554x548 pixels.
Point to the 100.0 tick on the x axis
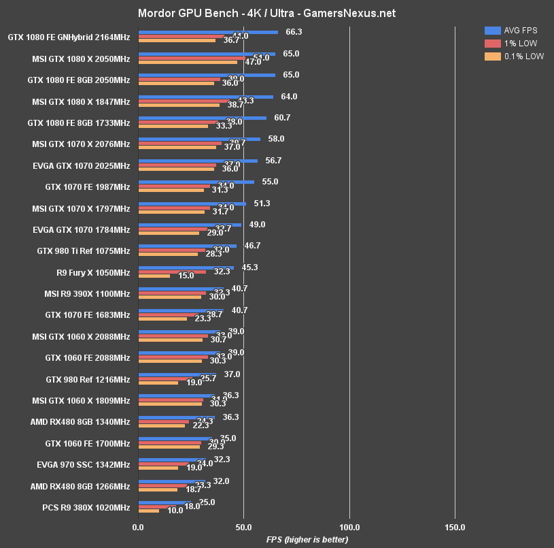pos(349,527)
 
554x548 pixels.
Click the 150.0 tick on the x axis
pos(455,527)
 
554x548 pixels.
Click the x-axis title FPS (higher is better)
pos(307,540)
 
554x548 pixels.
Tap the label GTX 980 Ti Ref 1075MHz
pos(83,251)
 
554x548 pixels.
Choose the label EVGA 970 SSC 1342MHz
pos(83,464)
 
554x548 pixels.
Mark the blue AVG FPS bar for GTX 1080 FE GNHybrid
pos(208,32)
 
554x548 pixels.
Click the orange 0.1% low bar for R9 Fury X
pos(154,276)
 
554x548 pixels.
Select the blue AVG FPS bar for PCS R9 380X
pos(165,502)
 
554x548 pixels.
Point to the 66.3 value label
pos(294,32)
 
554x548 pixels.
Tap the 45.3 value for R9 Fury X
pos(249,267)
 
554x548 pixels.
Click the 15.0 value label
pos(186,276)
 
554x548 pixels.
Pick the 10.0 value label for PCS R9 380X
pos(175,511)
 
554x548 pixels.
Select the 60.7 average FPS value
pos(282,117)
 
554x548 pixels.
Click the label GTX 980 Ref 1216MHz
pos(88,379)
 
